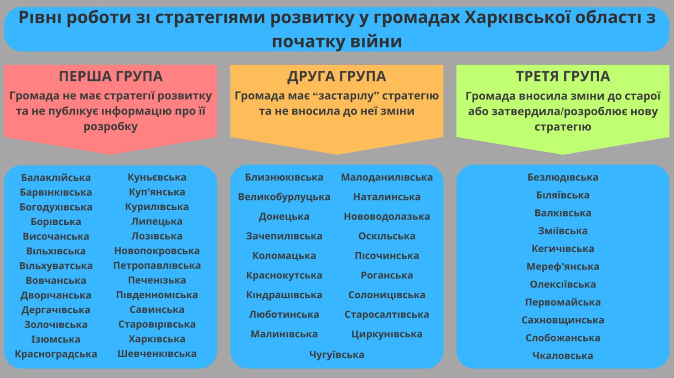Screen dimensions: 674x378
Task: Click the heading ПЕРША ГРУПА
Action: click(111, 76)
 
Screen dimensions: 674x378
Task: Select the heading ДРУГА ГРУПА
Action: click(337, 76)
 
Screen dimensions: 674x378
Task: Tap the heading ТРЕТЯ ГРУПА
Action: click(563, 76)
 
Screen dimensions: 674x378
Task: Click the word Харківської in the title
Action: click(513, 17)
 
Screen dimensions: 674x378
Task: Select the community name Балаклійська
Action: click(56, 177)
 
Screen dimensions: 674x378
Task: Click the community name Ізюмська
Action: click(56, 339)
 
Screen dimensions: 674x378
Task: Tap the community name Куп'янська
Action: click(157, 192)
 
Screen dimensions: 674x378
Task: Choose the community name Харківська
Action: click(157, 339)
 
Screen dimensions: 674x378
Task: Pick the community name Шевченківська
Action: click(157, 354)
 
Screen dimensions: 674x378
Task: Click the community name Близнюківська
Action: click(284, 177)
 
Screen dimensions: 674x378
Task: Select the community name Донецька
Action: click(284, 217)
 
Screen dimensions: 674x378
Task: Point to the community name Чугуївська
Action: click(337, 355)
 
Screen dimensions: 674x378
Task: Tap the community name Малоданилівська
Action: click(387, 177)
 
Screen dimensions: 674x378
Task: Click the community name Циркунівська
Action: click(387, 334)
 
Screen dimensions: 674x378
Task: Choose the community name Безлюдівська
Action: click(563, 177)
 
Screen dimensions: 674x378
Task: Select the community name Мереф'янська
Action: click(563, 266)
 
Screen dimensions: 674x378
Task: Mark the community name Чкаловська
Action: click(563, 356)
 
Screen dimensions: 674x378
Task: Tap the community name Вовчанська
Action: click(56, 280)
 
